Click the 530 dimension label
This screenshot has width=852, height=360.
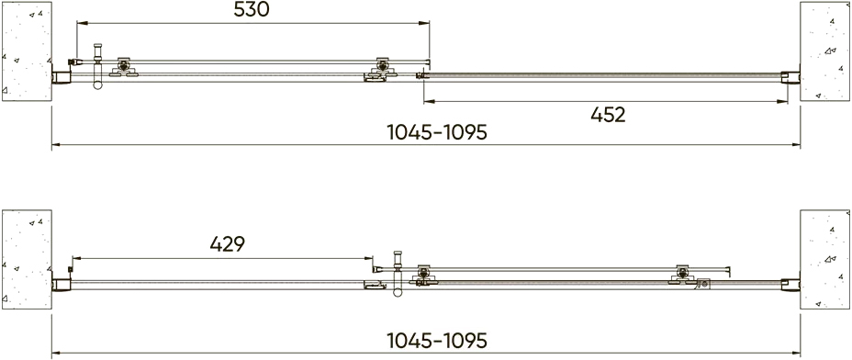tap(251, 10)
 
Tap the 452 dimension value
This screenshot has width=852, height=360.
tap(608, 115)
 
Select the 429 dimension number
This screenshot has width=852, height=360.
tap(227, 244)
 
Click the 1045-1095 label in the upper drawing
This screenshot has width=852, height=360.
tap(437, 132)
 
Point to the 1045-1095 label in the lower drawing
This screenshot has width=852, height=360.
tap(437, 341)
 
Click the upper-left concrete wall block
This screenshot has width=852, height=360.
tap(27, 51)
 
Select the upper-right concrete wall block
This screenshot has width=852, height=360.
tap(824, 51)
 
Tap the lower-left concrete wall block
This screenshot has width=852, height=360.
tap(27, 259)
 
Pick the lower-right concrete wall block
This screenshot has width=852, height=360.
tap(824, 259)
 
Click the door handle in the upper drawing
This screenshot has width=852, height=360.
tap(98, 66)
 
